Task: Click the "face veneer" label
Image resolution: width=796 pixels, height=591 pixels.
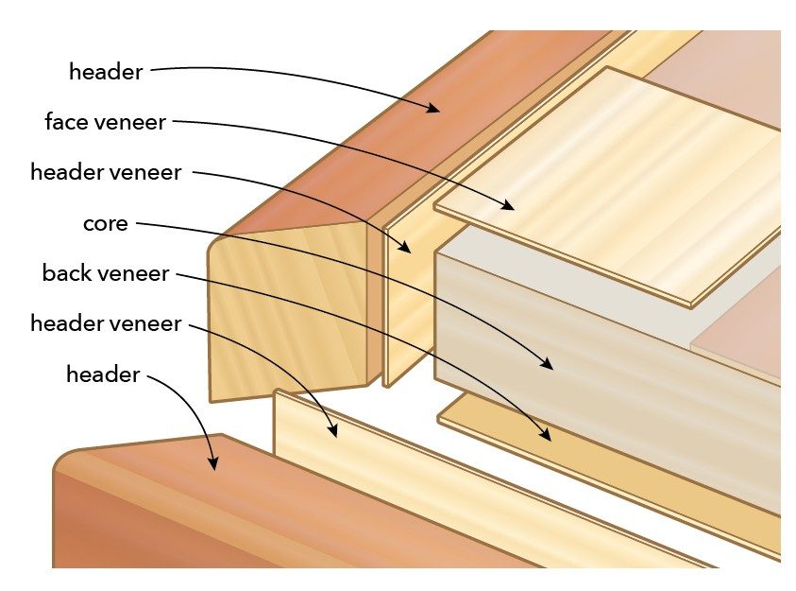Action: (x=104, y=122)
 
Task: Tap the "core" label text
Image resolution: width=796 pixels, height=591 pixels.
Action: (x=106, y=225)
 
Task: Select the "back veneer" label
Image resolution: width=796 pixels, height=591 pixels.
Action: (x=106, y=274)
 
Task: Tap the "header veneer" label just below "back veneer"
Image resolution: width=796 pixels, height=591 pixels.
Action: (x=106, y=324)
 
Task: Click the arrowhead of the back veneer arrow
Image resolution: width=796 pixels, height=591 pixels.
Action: (x=548, y=437)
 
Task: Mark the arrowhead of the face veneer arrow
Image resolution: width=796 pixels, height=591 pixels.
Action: (x=513, y=205)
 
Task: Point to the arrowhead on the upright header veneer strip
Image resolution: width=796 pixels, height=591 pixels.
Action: (x=408, y=251)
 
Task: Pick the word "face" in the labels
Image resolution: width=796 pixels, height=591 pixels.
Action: (x=65, y=122)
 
